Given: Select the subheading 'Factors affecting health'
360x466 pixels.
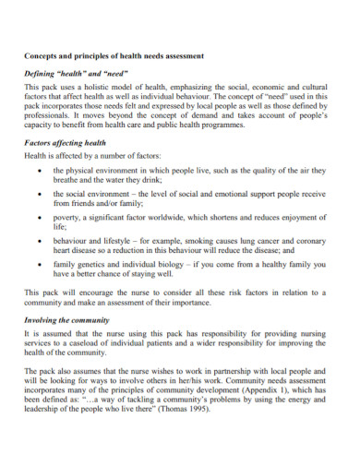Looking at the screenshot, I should click(x=66, y=143).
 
